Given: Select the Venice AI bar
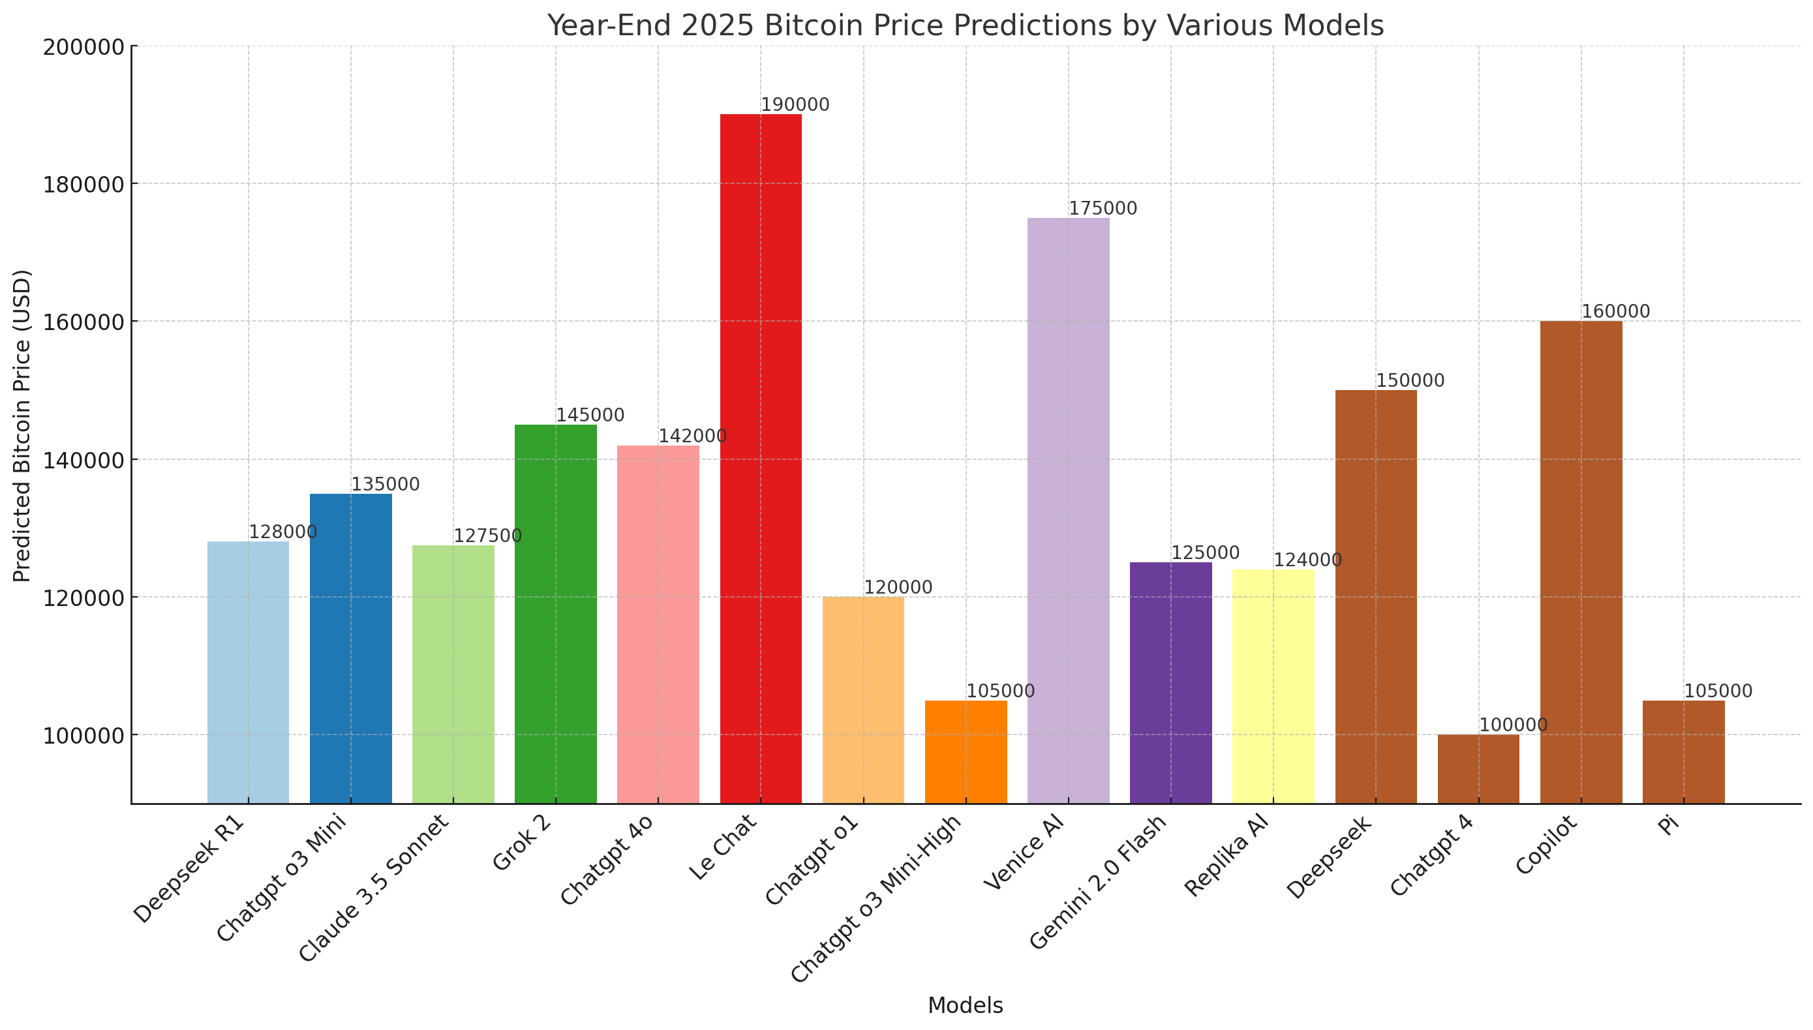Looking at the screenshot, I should (x=1068, y=510).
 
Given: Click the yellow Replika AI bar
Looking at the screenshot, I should (x=1273, y=686).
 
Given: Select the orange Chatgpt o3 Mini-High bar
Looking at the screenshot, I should (x=966, y=751).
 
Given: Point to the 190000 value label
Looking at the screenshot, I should (x=795, y=105).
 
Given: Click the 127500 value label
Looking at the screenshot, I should (x=487, y=536).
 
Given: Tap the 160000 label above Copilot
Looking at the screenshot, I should (x=1615, y=311).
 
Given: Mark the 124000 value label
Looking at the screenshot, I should (x=1307, y=560).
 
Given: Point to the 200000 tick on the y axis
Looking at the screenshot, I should (x=84, y=48).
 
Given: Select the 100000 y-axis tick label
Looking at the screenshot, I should (x=84, y=736).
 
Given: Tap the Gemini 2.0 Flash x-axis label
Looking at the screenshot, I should (x=1097, y=882).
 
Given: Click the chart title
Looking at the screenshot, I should (x=965, y=25).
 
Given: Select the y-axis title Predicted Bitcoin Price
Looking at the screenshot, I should (x=23, y=425).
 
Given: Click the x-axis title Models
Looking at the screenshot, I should (x=965, y=1005).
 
